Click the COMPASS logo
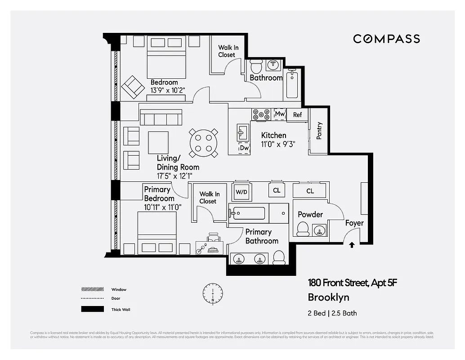[x=386, y=39]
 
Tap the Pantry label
[x=319, y=131]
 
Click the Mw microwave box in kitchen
[x=280, y=114]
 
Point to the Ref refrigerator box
[x=297, y=115]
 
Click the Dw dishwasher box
[x=244, y=148]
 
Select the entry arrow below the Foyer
[x=352, y=245]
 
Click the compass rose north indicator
[x=212, y=293]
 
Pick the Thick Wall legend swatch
[x=92, y=310]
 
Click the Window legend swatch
[x=92, y=289]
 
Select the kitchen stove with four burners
[x=260, y=114]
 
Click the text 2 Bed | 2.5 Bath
[x=332, y=313]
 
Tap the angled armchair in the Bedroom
[x=132, y=87]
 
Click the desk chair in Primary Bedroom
[x=214, y=238]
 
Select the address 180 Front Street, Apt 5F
[x=353, y=283]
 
